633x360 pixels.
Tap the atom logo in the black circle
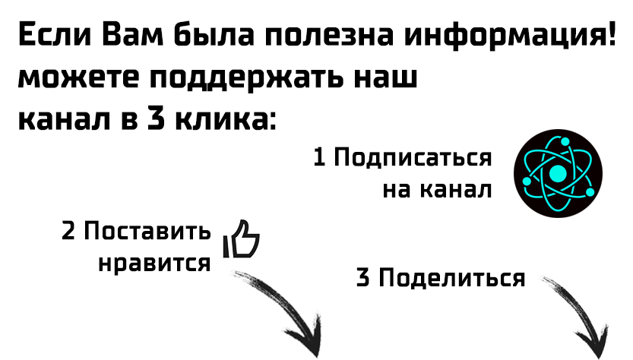click(x=558, y=174)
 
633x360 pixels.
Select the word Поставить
click(x=147, y=231)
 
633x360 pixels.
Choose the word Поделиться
click(x=451, y=278)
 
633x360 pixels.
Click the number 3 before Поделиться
click(x=364, y=278)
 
